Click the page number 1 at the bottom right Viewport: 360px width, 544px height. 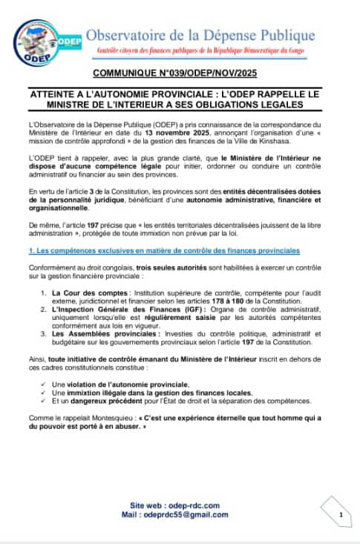[340, 514]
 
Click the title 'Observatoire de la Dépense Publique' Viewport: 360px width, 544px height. [212, 33]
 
